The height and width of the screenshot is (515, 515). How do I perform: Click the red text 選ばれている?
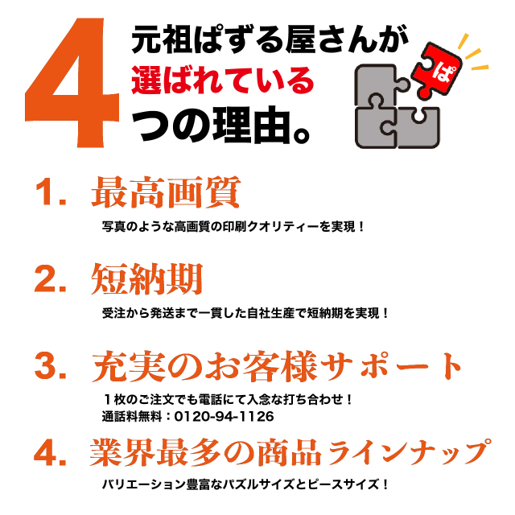point(223,80)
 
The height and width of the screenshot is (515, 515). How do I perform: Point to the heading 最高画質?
point(166,192)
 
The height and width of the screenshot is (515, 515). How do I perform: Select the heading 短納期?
point(146,279)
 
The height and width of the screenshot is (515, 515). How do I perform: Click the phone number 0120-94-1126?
point(224,417)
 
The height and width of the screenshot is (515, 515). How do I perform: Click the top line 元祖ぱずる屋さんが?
point(270,39)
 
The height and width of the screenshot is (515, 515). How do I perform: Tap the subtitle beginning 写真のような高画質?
point(233,227)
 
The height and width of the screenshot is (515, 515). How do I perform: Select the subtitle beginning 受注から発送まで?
point(245,313)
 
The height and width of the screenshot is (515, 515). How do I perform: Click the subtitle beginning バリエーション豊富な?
point(245,484)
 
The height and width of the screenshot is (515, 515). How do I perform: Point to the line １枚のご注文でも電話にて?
point(227,400)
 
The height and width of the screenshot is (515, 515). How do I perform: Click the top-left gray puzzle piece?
point(381,86)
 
